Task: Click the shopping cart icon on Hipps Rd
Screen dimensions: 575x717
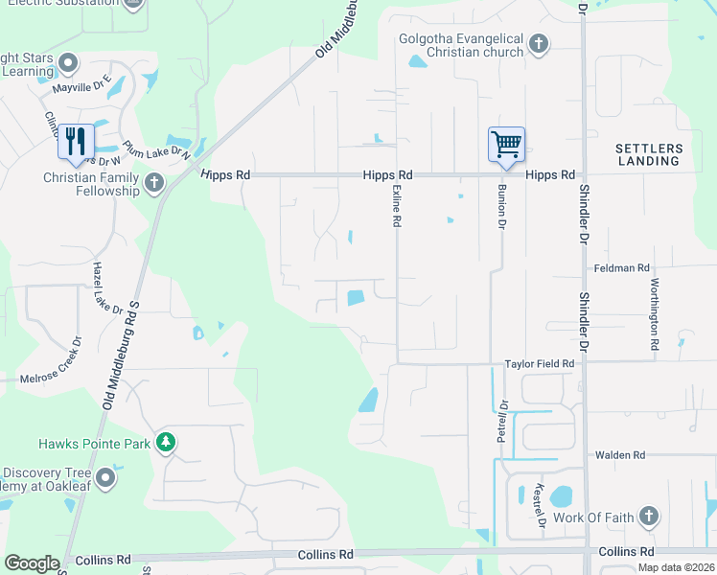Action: pyautogui.click(x=506, y=145)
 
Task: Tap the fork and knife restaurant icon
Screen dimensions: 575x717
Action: pyautogui.click(x=75, y=142)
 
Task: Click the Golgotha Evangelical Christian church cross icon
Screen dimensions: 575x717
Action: pyautogui.click(x=539, y=43)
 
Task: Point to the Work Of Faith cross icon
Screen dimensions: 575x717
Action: pyautogui.click(x=649, y=517)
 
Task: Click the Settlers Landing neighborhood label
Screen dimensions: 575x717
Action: pyautogui.click(x=649, y=154)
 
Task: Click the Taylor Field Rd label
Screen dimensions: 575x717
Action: pyautogui.click(x=539, y=364)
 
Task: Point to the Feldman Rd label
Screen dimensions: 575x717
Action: pyautogui.click(x=621, y=268)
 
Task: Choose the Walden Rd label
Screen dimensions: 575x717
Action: pyautogui.click(x=620, y=455)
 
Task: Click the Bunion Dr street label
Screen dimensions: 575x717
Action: pyautogui.click(x=500, y=208)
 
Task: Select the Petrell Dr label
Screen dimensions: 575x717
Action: pyautogui.click(x=501, y=422)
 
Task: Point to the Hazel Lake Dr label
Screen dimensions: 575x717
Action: pyautogui.click(x=107, y=287)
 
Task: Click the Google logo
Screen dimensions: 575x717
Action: pyautogui.click(x=31, y=563)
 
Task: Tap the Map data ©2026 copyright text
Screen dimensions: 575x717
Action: pyautogui.click(x=675, y=567)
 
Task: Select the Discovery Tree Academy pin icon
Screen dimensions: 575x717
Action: pyautogui.click(x=105, y=476)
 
